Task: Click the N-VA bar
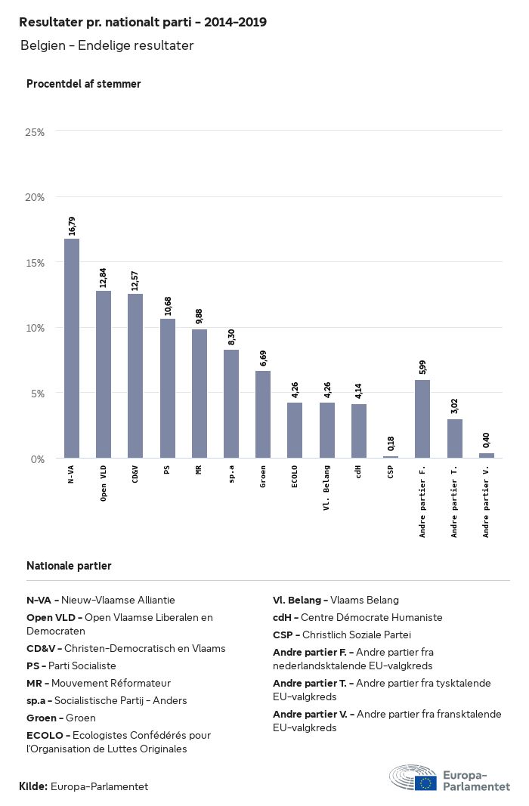click(x=72, y=348)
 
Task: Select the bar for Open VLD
click(x=104, y=374)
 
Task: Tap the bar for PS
click(x=167, y=388)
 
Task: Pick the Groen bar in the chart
click(x=263, y=415)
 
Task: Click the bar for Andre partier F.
click(x=422, y=419)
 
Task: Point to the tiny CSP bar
click(x=391, y=456)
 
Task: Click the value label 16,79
click(x=72, y=226)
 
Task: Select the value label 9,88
click(x=200, y=317)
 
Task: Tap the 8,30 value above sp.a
click(x=231, y=338)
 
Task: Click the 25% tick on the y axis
click(x=35, y=132)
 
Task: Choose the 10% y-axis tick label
click(x=35, y=328)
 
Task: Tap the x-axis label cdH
click(x=359, y=471)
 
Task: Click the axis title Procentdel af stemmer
click(x=83, y=84)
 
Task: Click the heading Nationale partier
click(x=69, y=566)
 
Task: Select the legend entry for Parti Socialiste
click(x=71, y=665)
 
